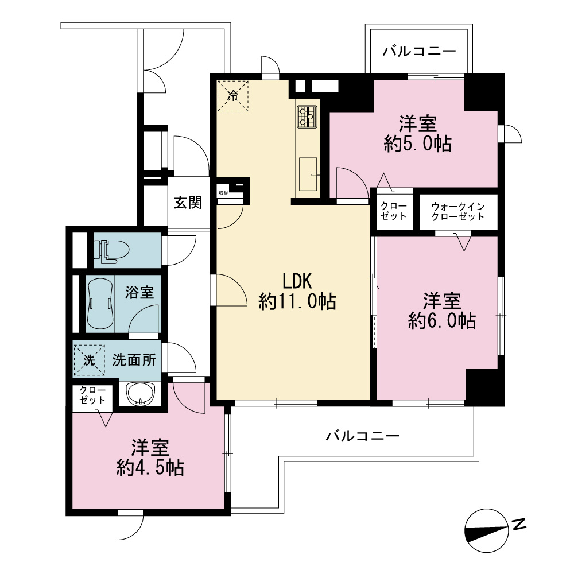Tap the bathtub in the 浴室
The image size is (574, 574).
(x=100, y=304)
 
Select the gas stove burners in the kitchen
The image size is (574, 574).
(x=307, y=117)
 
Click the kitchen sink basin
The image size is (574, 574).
(x=308, y=174)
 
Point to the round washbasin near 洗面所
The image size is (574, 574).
(x=141, y=393)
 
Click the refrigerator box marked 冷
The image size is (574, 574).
(x=233, y=96)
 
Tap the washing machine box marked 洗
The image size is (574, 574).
(x=90, y=360)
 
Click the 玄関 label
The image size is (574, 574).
(x=188, y=203)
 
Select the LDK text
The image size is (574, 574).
(x=297, y=281)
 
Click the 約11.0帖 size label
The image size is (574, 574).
(x=297, y=302)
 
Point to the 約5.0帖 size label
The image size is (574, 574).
(x=418, y=144)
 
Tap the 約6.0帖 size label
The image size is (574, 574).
(x=442, y=321)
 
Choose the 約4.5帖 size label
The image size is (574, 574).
(x=150, y=467)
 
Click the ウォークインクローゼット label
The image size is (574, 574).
(x=458, y=212)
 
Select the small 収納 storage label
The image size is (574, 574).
(x=224, y=193)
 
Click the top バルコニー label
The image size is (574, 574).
(x=420, y=51)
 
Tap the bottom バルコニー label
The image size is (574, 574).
(x=362, y=436)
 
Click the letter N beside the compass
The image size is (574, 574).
(x=519, y=524)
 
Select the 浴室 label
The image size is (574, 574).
(x=139, y=293)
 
